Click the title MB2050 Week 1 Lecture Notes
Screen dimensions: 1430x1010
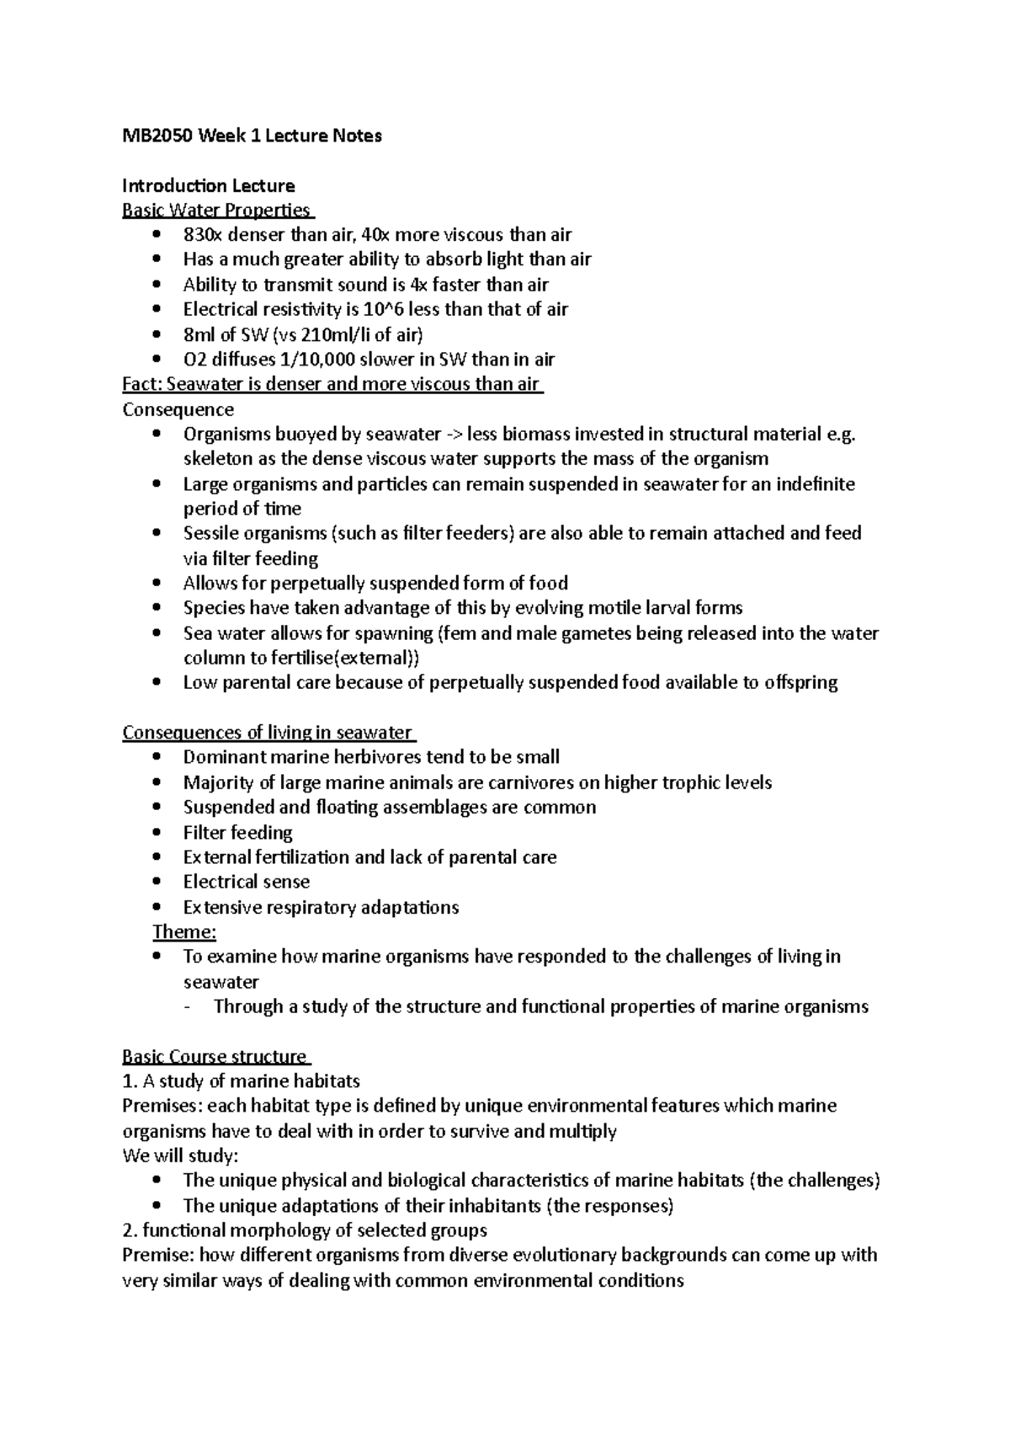tap(252, 136)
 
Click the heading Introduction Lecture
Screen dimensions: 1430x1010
tap(208, 185)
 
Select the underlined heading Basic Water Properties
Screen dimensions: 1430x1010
tap(216, 210)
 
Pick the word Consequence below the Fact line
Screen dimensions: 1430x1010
tap(178, 409)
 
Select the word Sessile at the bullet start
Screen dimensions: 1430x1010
tap(211, 533)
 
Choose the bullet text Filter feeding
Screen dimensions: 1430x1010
tap(237, 832)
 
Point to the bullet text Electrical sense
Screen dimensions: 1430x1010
tap(246, 882)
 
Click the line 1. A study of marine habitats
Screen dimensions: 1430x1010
tap(241, 1081)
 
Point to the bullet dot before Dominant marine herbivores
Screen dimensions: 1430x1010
tap(157, 757)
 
